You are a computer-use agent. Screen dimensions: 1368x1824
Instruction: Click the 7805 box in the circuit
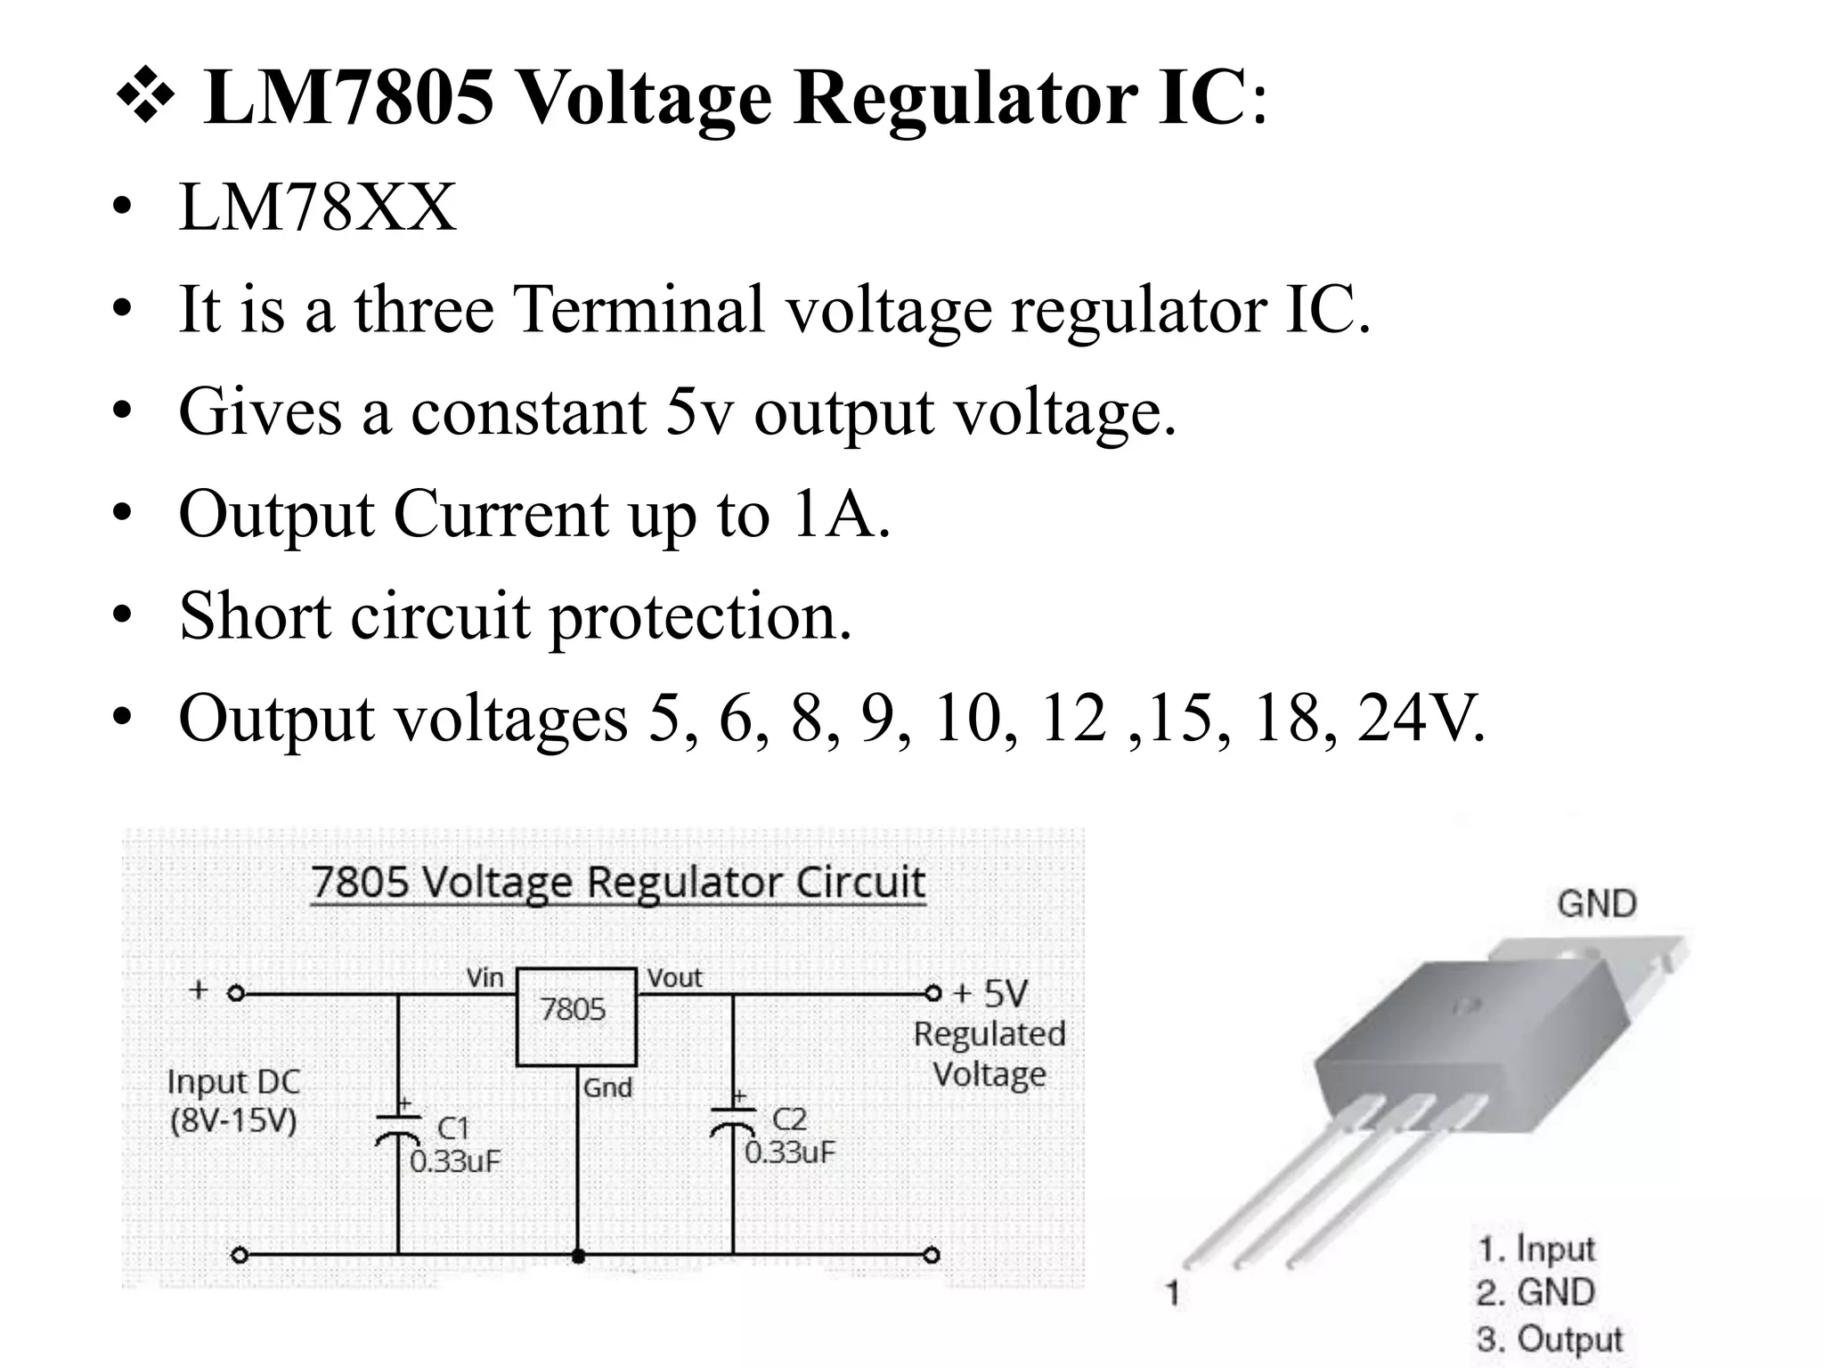tap(576, 1016)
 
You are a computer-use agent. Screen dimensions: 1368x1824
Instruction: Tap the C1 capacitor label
tap(452, 1128)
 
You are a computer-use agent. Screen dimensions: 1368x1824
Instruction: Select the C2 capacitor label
tap(788, 1119)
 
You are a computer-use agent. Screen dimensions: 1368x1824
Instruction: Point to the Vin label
tap(485, 978)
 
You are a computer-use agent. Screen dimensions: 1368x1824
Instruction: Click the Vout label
tap(674, 978)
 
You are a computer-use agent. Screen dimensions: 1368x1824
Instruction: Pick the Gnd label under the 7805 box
tap(607, 1087)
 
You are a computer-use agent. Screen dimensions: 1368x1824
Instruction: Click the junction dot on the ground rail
tap(578, 1256)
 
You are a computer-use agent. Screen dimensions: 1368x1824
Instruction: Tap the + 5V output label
tap(990, 993)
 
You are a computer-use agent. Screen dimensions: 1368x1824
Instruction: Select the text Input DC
tap(233, 1082)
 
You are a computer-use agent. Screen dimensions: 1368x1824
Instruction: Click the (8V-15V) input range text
tap(233, 1120)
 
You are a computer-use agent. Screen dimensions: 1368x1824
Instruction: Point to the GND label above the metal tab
tap(1596, 904)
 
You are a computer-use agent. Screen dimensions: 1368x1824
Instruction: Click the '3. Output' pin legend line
tap(1550, 1339)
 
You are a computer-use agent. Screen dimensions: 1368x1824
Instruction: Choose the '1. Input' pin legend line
tap(1536, 1249)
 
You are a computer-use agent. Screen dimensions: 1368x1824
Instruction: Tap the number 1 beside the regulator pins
tap(1173, 1292)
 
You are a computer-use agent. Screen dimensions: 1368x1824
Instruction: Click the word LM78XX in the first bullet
tap(317, 208)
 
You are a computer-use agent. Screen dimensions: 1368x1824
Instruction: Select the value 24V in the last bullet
tap(1421, 718)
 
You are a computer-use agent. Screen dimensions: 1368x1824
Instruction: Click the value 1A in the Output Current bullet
tap(839, 514)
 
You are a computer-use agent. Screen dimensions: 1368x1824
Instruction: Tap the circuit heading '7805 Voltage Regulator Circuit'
tap(618, 883)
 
